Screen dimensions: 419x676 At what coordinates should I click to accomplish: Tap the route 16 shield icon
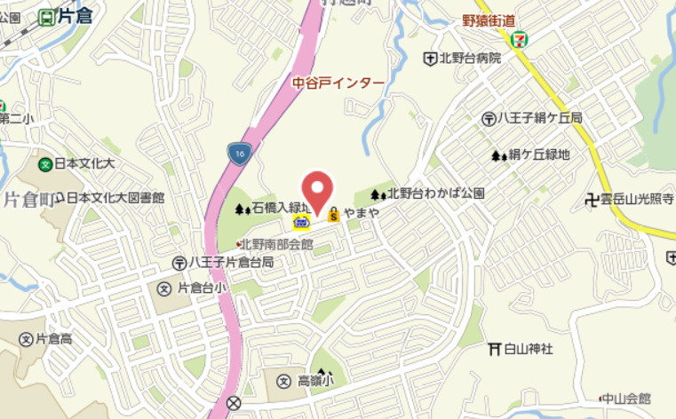click(x=238, y=153)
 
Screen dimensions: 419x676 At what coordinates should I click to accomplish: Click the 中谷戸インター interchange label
click(x=338, y=83)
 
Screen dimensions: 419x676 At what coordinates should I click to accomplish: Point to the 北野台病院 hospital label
click(x=469, y=59)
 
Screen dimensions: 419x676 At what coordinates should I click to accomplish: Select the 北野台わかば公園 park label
click(x=435, y=194)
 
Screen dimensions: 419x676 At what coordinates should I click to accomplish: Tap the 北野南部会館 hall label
click(x=278, y=242)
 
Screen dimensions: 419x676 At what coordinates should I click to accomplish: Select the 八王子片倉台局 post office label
click(x=230, y=264)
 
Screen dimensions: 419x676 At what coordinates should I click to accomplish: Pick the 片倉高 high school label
click(x=54, y=339)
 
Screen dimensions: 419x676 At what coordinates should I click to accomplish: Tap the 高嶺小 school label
click(x=314, y=381)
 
